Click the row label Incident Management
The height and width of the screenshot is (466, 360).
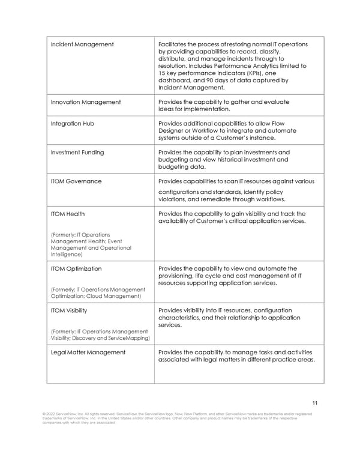click(x=82, y=44)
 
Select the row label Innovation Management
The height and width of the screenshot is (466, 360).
click(x=86, y=102)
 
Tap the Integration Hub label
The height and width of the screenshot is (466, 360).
click(x=73, y=124)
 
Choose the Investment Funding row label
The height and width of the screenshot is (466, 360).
click(x=77, y=153)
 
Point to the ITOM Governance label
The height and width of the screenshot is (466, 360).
click(x=76, y=181)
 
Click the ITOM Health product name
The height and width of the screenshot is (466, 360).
click(x=68, y=214)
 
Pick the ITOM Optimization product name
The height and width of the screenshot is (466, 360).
click(x=76, y=269)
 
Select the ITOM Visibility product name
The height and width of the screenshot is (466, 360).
click(x=69, y=310)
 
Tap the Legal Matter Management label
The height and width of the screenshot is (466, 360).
click(x=88, y=353)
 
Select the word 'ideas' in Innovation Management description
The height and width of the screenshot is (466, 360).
click(x=167, y=109)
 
